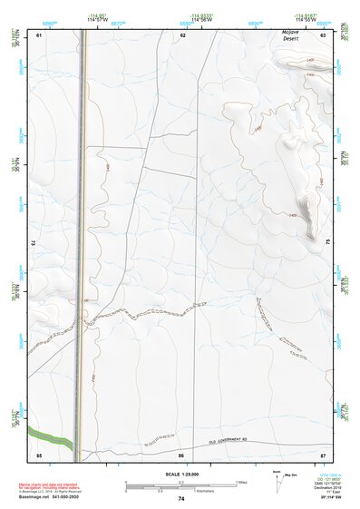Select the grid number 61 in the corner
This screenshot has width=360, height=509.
(39, 34)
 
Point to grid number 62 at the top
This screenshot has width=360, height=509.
(182, 34)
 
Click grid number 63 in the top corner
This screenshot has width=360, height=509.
(323, 34)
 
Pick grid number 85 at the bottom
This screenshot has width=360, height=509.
(39, 454)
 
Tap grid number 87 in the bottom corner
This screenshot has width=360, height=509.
(323, 454)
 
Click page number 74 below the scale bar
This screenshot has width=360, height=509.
(181, 499)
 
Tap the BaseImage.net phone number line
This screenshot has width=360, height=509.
(49, 497)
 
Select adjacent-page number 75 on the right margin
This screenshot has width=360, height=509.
(328, 242)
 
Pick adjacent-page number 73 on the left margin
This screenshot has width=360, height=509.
(33, 242)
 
